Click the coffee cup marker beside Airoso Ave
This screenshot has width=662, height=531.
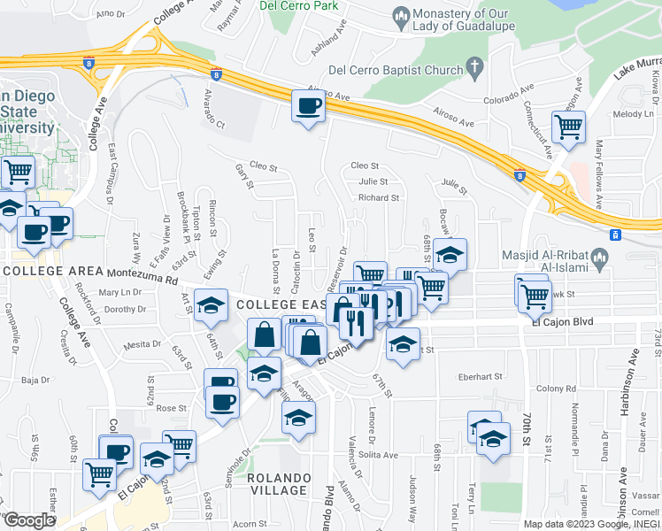[308, 108]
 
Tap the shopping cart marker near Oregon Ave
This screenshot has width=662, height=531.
[567, 127]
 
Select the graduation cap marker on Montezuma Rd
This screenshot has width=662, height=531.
[210, 304]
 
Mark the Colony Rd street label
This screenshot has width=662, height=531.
[556, 389]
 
